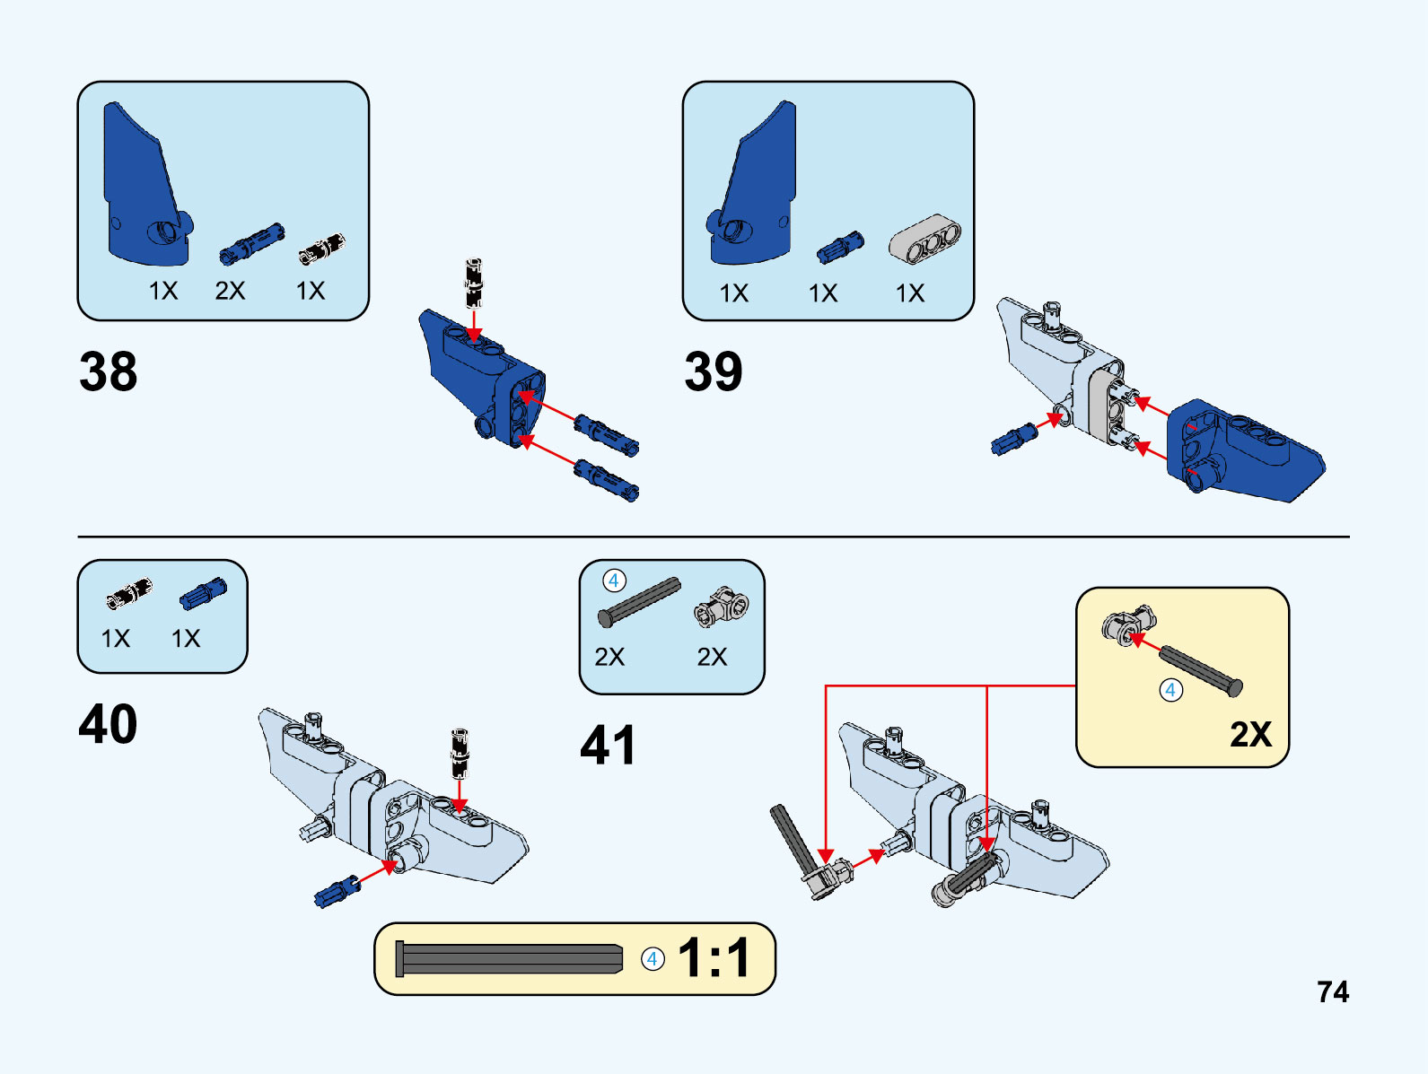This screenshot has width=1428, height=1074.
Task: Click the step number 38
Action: click(x=109, y=371)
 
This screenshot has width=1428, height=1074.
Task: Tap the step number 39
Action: click(x=714, y=371)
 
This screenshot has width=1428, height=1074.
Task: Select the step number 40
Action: click(x=108, y=724)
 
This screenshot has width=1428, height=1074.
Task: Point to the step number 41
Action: click(x=608, y=746)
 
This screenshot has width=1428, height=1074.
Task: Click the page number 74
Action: click(x=1333, y=991)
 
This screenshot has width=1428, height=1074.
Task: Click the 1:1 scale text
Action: click(x=714, y=958)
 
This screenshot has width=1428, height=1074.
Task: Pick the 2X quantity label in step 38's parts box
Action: click(x=230, y=291)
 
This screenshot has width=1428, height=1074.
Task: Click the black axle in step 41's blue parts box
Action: click(x=639, y=602)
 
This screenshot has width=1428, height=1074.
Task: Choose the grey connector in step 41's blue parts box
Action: click(x=722, y=607)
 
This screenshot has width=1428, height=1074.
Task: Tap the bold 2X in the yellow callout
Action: click(x=1250, y=735)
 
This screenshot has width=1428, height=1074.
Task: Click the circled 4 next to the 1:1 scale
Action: click(x=653, y=959)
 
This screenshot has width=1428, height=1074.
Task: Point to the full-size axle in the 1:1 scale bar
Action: click(x=509, y=959)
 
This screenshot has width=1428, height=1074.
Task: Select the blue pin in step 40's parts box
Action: click(x=203, y=594)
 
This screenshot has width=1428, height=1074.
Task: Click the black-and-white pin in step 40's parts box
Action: click(x=129, y=594)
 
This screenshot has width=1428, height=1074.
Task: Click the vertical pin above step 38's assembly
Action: click(x=474, y=283)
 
